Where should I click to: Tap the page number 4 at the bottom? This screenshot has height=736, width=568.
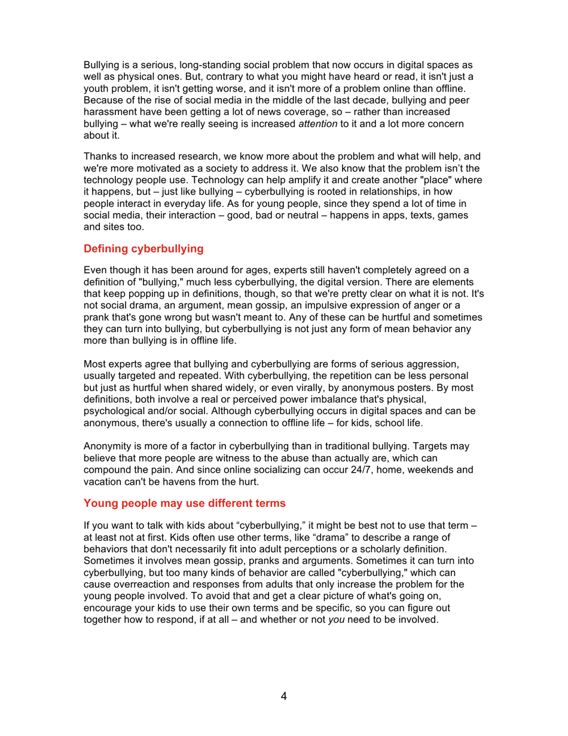(284, 697)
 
